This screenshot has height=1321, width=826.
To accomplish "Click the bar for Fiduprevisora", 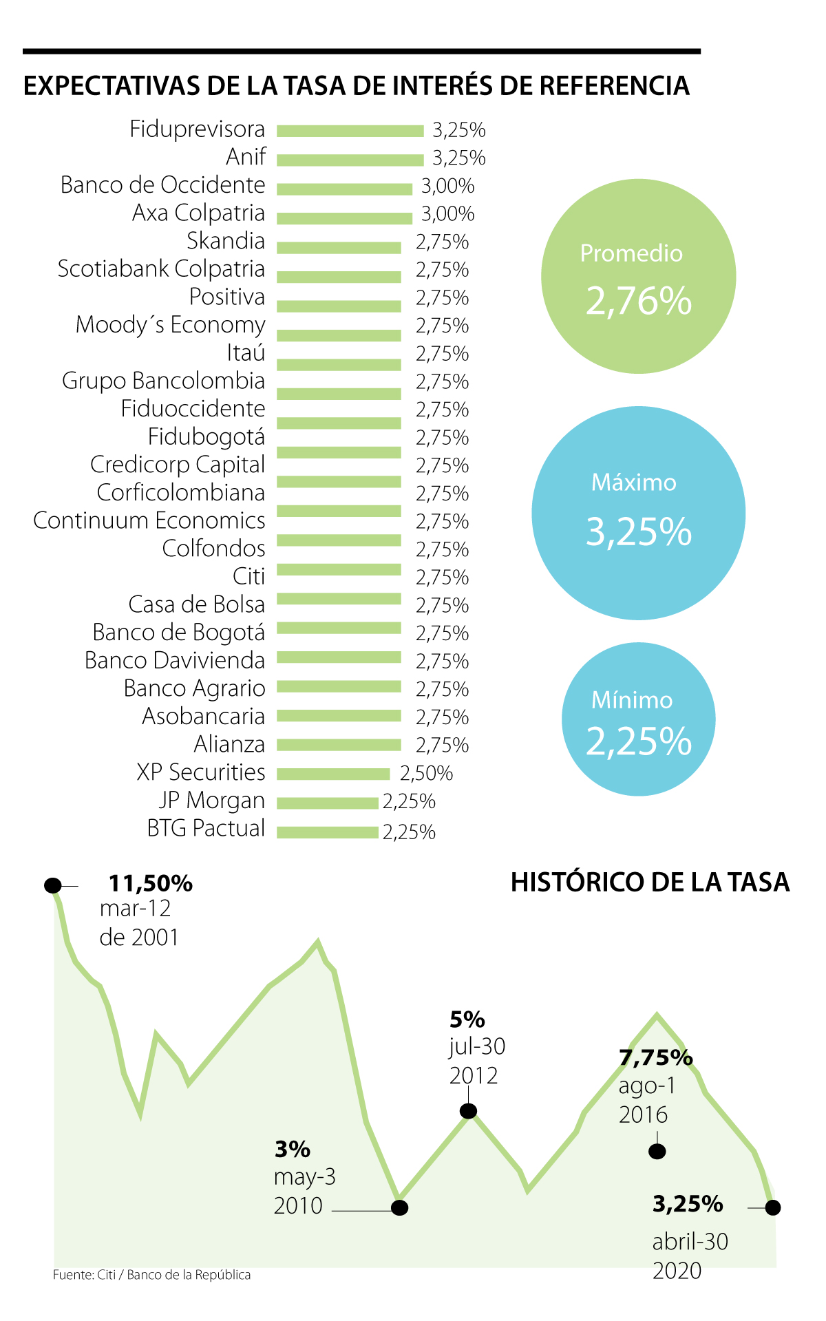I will click(350, 131).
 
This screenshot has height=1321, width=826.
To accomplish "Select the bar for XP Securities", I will click(333, 774).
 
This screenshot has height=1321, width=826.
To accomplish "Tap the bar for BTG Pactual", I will click(328, 832).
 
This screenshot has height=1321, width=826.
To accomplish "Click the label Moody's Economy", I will click(170, 325).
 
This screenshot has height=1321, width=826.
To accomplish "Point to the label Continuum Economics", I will click(149, 520).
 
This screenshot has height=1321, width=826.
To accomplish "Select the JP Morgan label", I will click(211, 801).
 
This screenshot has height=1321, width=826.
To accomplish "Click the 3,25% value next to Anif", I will click(458, 158).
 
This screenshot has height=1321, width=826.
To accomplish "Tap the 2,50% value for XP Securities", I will click(426, 774).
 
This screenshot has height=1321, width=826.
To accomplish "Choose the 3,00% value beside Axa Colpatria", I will click(447, 214).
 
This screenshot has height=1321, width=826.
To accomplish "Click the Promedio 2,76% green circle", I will click(638, 276).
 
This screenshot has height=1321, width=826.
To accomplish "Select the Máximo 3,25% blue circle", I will click(638, 513).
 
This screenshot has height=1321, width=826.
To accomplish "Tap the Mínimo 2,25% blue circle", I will click(638, 719).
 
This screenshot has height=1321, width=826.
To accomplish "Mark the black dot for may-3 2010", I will click(399, 1207).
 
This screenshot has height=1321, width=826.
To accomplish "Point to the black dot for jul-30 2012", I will click(468, 1110).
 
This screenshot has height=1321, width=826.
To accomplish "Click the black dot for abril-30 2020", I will click(772, 1207).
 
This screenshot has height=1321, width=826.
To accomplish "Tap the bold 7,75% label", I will click(655, 1057).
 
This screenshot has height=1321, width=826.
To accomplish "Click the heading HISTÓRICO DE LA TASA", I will click(650, 883).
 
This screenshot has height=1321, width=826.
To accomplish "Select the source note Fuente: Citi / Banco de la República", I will click(151, 1275).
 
